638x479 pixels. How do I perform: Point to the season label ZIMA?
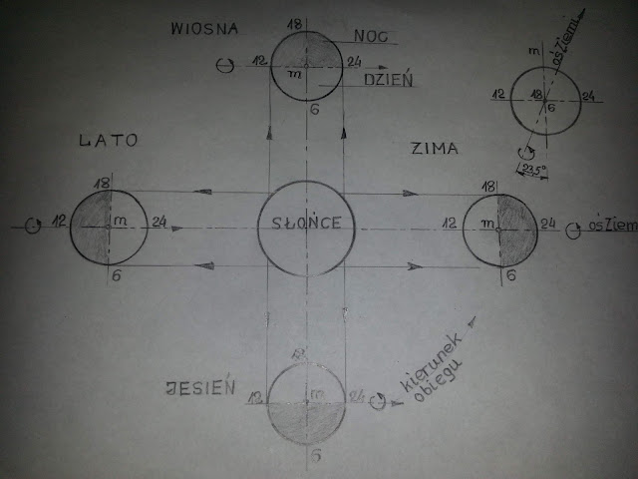[x=434, y=150]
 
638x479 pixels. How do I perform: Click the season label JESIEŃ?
[x=201, y=388]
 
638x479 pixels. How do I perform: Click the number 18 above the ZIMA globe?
[x=488, y=186]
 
